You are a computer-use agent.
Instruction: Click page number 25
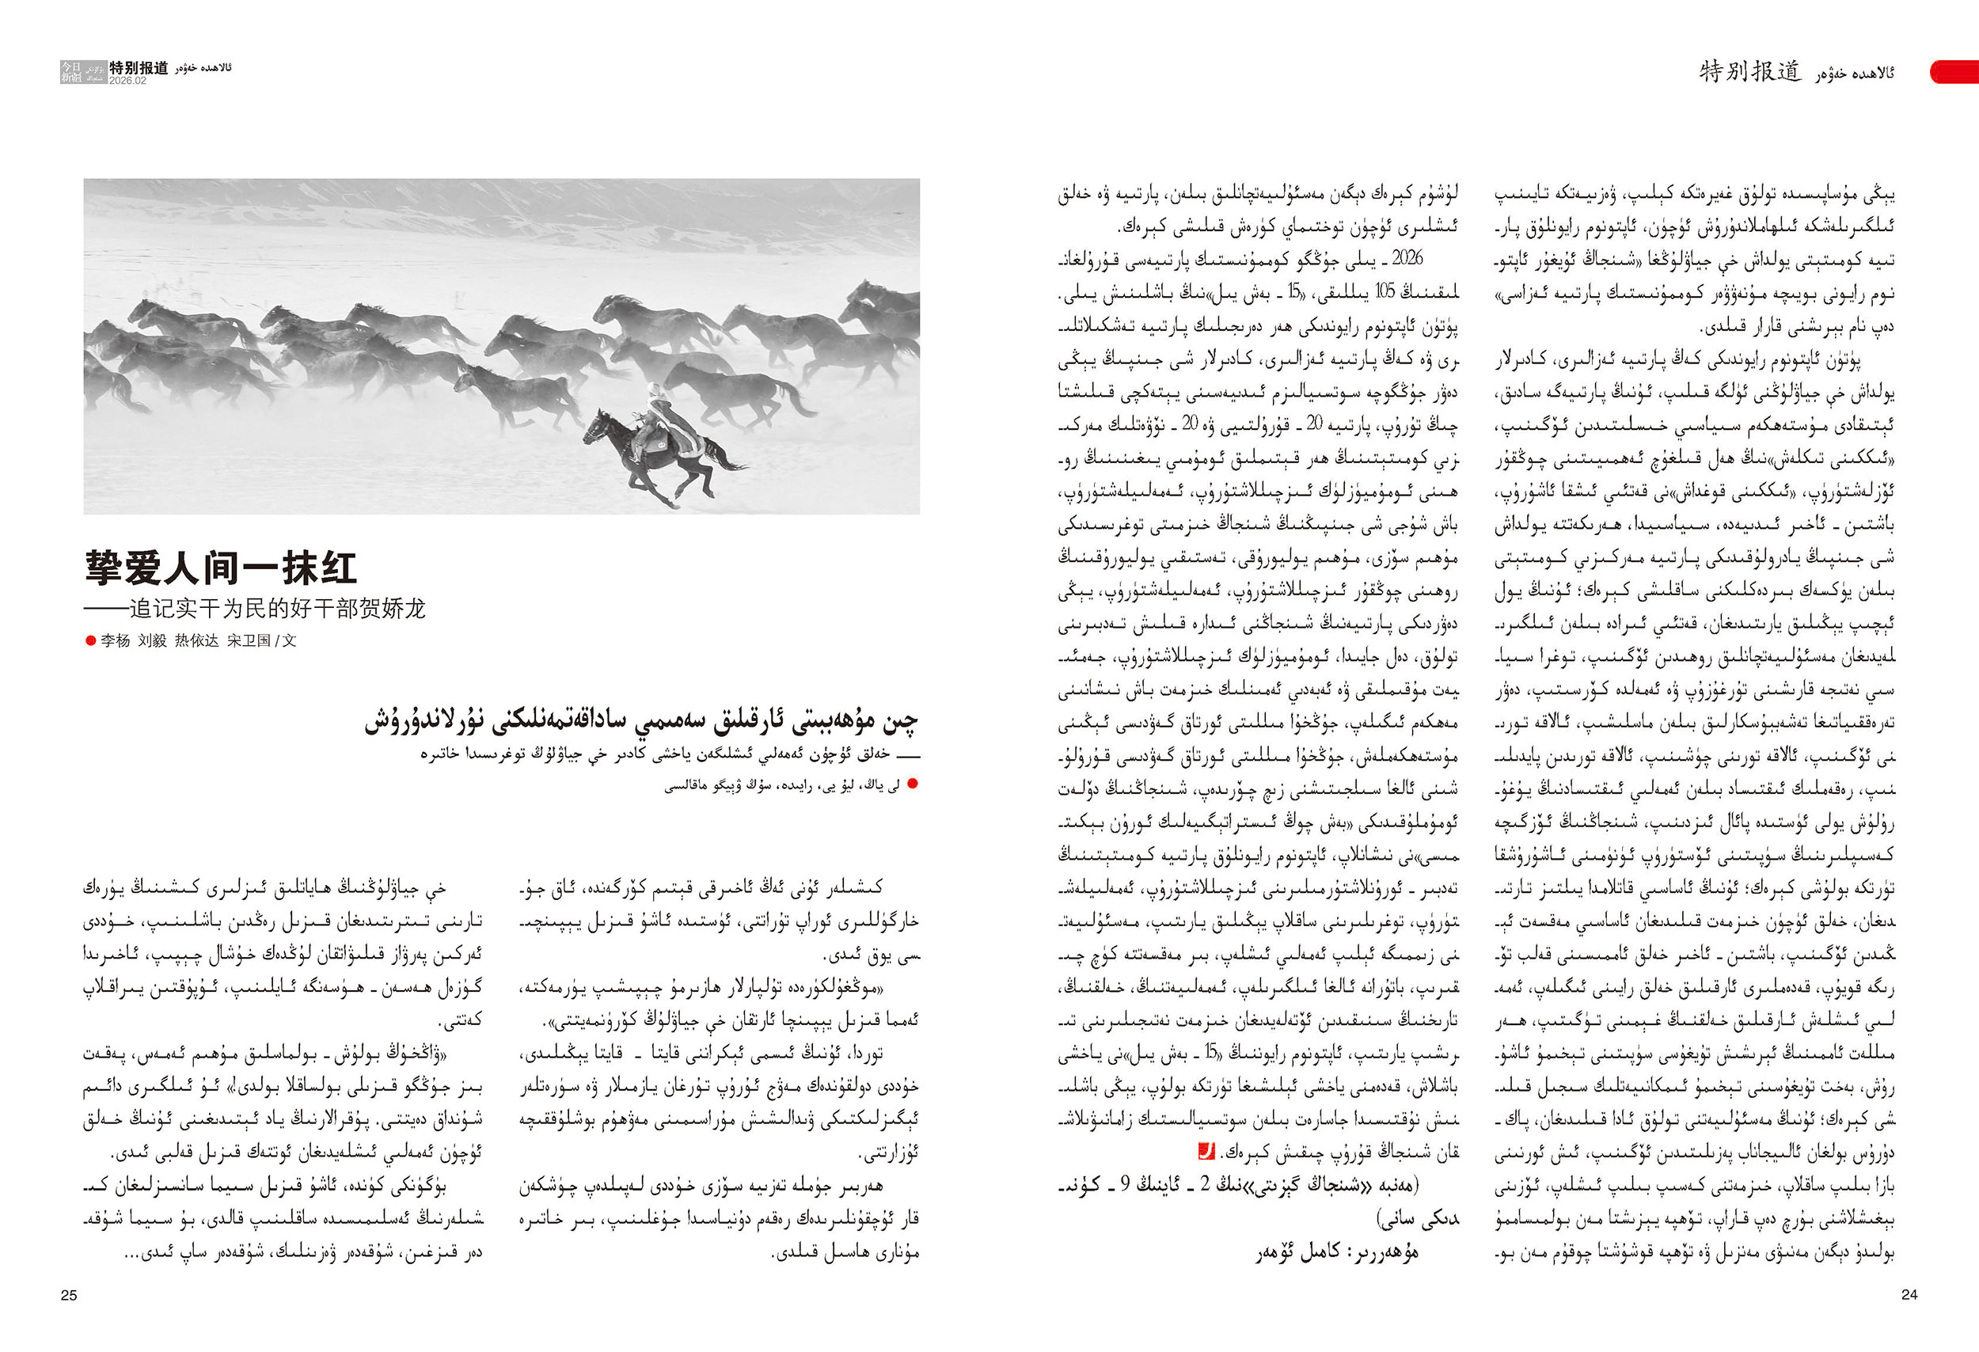point(69,1295)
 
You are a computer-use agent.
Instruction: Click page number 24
point(1909,1294)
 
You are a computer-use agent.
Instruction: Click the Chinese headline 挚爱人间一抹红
point(221,567)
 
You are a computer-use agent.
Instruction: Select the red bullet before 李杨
point(90,640)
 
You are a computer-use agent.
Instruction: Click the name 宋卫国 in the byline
point(247,640)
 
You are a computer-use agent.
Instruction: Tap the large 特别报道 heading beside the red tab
point(1750,71)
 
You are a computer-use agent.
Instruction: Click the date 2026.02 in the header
point(127,81)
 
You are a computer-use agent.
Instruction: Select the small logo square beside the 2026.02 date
point(71,71)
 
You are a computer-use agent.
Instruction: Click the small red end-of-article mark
point(1206,1152)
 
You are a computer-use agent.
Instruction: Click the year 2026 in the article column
point(1407,259)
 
